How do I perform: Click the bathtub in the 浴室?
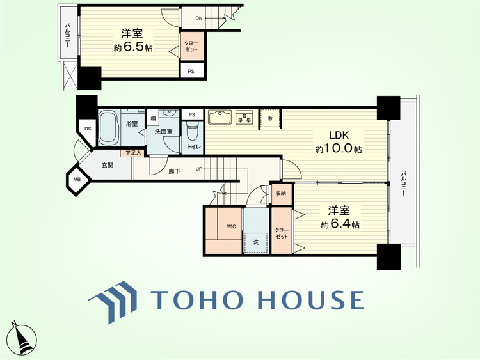(x=109, y=128)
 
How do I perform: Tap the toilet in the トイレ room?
(x=193, y=130)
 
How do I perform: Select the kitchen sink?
(x=220, y=117)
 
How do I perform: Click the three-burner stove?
(x=244, y=117)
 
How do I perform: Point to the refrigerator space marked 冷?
(x=270, y=118)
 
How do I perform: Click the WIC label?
(x=232, y=226)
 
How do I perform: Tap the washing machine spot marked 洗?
(x=256, y=242)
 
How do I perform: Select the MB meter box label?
(x=77, y=180)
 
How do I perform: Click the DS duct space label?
(x=88, y=129)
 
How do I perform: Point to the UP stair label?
(x=199, y=169)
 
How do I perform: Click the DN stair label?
(x=199, y=18)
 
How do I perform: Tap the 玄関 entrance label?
(x=108, y=165)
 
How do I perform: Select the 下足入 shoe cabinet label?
(x=133, y=153)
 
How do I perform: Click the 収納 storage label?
(x=281, y=194)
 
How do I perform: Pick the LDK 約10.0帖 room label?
(x=339, y=142)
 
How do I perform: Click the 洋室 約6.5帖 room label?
(x=133, y=40)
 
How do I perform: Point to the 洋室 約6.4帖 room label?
(x=340, y=217)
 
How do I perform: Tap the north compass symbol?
(x=22, y=339)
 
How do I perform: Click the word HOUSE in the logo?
(x=311, y=299)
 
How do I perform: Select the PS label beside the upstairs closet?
(x=191, y=72)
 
